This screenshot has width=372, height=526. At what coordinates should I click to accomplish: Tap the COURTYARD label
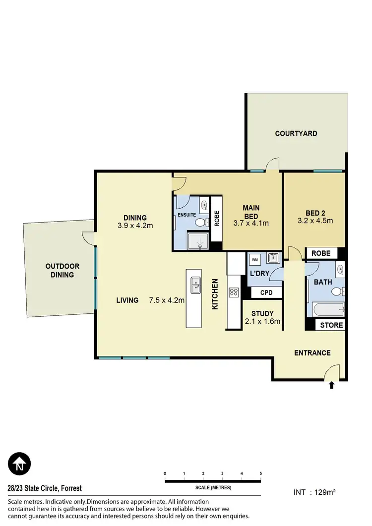point(296,133)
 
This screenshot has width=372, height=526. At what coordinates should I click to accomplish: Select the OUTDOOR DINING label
point(62,270)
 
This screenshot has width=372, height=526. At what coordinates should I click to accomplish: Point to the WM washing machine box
point(255,259)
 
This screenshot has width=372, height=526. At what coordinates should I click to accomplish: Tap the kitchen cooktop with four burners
point(233,292)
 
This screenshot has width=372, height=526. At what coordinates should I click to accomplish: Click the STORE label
point(331,325)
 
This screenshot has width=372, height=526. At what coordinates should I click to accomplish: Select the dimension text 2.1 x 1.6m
point(262,321)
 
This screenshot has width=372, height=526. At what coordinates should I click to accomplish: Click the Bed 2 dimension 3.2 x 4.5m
point(315,221)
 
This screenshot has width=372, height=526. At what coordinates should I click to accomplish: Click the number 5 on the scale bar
point(260,473)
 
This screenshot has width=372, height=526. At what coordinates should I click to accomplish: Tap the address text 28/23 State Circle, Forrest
point(45,488)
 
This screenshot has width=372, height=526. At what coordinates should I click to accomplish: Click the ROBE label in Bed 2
point(321,253)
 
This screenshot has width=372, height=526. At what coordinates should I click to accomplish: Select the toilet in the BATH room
point(337,291)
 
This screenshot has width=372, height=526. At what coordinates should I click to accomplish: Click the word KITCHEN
point(215,294)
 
